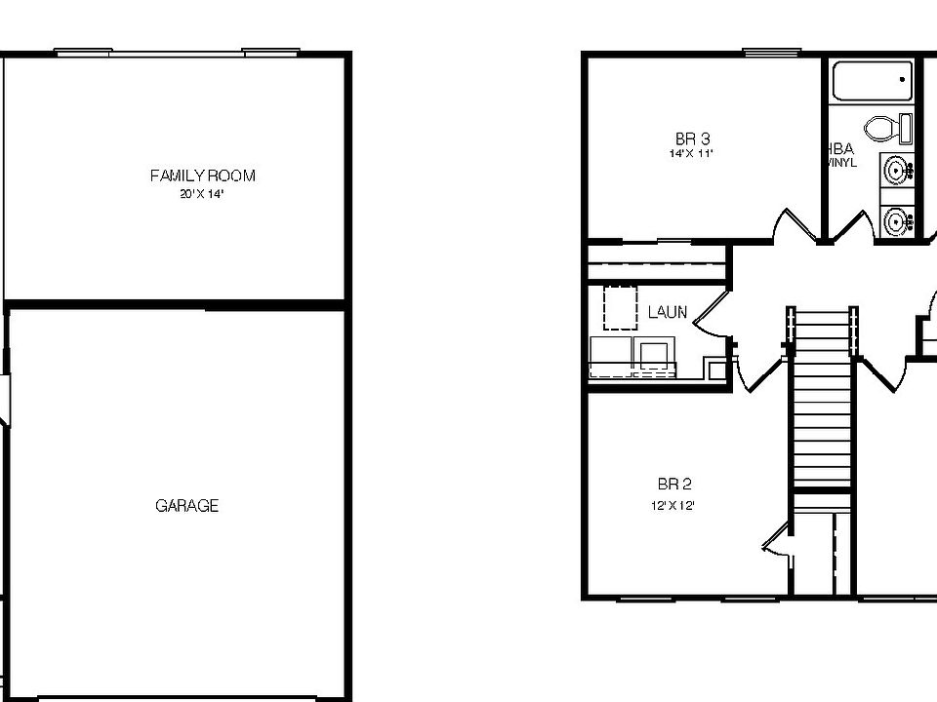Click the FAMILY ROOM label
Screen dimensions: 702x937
[202, 175]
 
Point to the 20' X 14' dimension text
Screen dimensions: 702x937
[202, 194]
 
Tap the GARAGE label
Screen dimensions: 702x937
[186, 506]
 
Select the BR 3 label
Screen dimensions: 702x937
[692, 139]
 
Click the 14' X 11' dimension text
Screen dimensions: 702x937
[692, 154]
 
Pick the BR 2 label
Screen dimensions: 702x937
[674, 485]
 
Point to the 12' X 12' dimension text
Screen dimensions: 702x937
[674, 505]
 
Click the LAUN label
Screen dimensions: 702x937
[668, 313]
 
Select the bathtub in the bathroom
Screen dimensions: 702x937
[873, 80]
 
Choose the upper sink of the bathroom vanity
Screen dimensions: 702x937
[896, 170]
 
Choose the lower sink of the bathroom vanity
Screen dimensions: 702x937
[896, 221]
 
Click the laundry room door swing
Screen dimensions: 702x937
[711, 314]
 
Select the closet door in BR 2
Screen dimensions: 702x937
[778, 539]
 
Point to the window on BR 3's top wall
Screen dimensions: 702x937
[771, 52]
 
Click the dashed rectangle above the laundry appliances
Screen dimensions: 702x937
[621, 307]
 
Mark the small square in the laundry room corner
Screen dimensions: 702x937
[717, 370]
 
